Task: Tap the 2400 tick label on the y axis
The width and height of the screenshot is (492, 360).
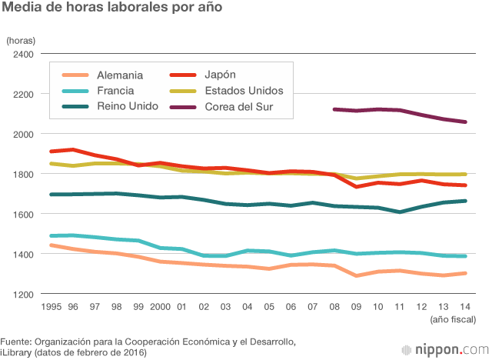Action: click(22, 55)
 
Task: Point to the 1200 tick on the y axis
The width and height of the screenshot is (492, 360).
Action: click(22, 295)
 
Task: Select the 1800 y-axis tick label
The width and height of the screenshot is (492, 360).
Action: click(22, 175)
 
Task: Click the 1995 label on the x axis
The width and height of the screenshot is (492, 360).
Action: click(51, 307)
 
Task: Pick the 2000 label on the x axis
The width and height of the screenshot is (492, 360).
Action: click(159, 307)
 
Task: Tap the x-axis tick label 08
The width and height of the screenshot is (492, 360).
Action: click(334, 307)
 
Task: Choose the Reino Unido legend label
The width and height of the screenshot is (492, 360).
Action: click(128, 106)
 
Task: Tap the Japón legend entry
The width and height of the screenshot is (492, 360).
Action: click(220, 75)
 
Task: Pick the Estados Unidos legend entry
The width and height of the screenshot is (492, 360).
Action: click(244, 91)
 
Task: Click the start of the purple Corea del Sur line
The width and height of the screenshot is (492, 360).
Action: click(334, 109)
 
